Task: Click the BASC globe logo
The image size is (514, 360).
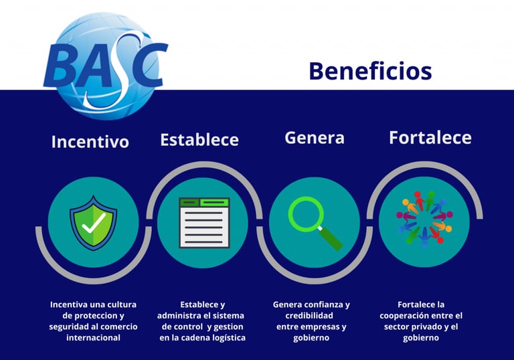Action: pyautogui.click(x=105, y=66)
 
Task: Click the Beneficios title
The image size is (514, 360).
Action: pyautogui.click(x=370, y=71)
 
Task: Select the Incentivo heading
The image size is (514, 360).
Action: pyautogui.click(x=90, y=142)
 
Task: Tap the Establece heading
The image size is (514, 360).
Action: pyautogui.click(x=199, y=140)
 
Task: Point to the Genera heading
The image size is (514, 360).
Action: pyautogui.click(x=315, y=138)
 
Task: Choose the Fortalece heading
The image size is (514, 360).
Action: pyautogui.click(x=430, y=137)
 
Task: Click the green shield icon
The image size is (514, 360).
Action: pyautogui.click(x=94, y=223)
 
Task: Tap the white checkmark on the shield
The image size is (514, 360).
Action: pyautogui.click(x=94, y=223)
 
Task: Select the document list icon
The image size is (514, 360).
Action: pyautogui.click(x=204, y=223)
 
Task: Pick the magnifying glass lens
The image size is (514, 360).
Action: pyautogui.click(x=305, y=214)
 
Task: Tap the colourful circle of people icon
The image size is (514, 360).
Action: pyautogui.click(x=424, y=219)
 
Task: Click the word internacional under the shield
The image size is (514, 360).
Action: pyautogui.click(x=94, y=338)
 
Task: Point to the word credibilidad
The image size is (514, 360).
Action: pyautogui.click(x=309, y=315)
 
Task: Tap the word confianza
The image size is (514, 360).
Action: pyautogui.click(x=324, y=304)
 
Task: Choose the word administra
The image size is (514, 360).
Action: pyautogui.click(x=177, y=315)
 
